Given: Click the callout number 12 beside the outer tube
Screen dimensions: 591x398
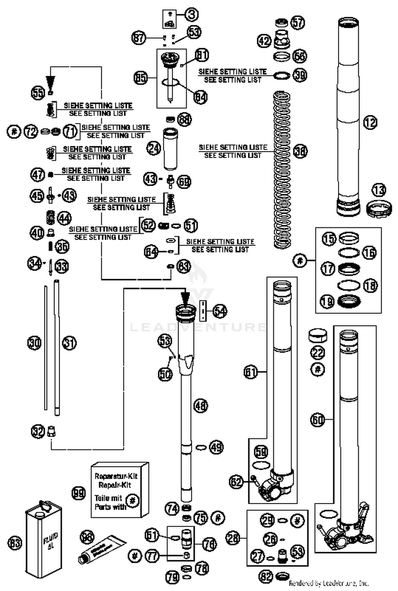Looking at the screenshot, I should pyautogui.click(x=370, y=123).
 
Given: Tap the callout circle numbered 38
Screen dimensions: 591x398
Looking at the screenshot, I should pyautogui.click(x=301, y=151).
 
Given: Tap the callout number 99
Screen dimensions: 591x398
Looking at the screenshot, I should pyautogui.click(x=79, y=493).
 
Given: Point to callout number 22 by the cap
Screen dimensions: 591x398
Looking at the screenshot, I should pyautogui.click(x=317, y=351).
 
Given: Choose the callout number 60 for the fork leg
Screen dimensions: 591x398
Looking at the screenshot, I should pyautogui.click(x=318, y=420).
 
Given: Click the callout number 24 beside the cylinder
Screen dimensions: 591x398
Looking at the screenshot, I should pyautogui.click(x=154, y=149).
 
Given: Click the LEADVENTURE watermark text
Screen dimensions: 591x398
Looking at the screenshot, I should pyautogui.click(x=199, y=327).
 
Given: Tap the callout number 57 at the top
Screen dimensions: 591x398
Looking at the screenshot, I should pyautogui.click(x=298, y=22).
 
